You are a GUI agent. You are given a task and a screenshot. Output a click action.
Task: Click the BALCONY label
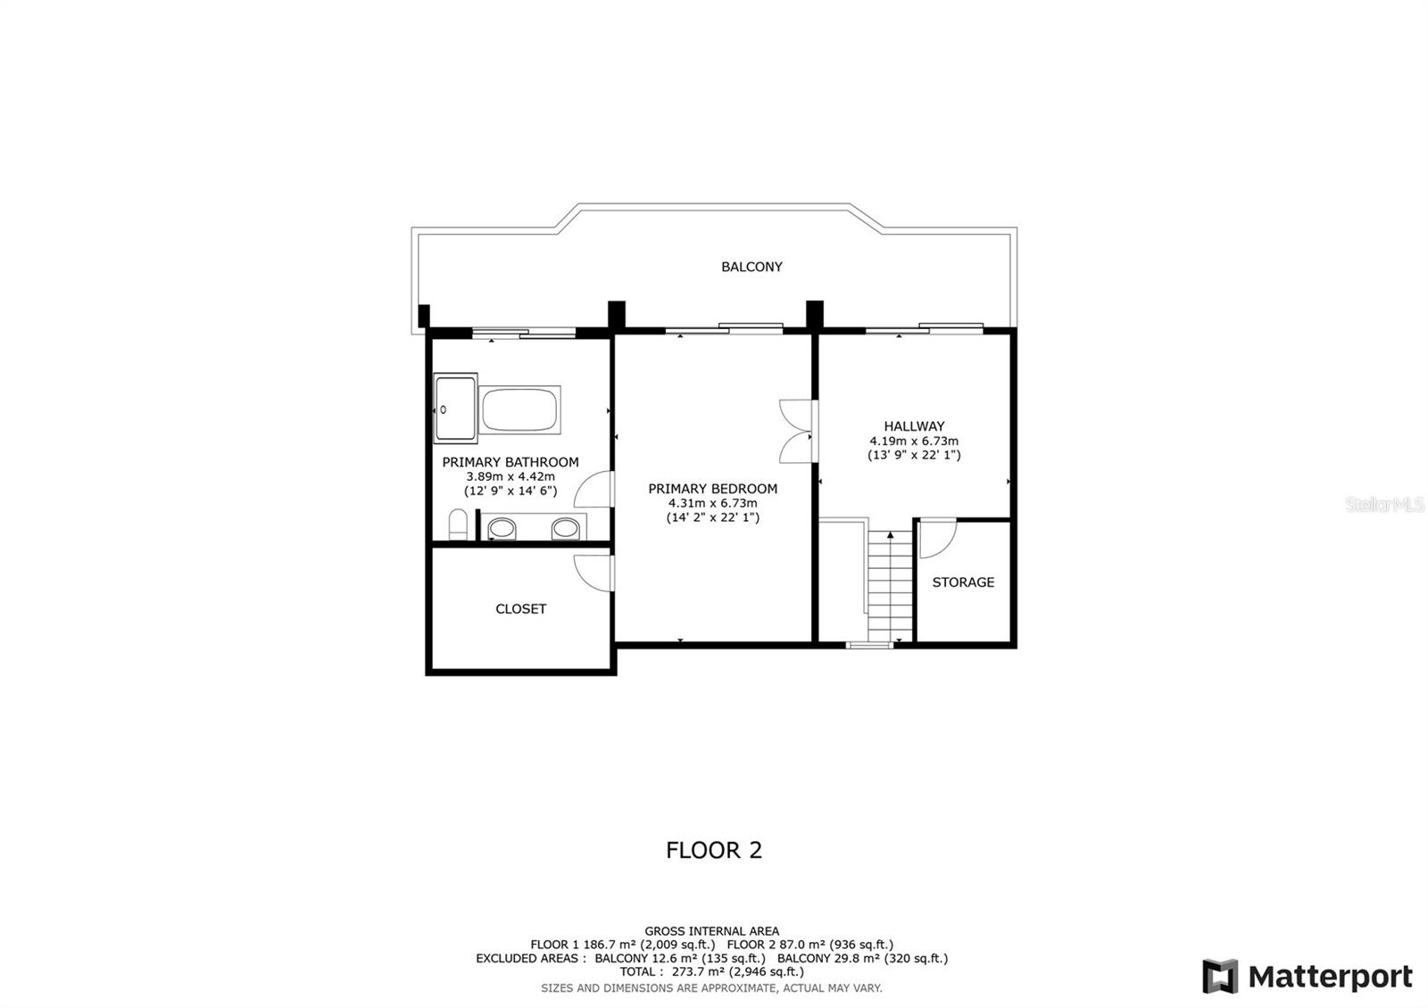pos(751,267)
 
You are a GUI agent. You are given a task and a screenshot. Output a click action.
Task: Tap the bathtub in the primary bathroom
pos(520,410)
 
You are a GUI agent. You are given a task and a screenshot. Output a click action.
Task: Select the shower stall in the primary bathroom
pos(456,408)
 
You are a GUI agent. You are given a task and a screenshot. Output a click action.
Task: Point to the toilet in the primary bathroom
pos(458,525)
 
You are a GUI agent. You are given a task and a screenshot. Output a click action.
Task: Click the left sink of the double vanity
pos(502,529)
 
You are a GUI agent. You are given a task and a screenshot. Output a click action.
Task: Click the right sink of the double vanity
pos(565,529)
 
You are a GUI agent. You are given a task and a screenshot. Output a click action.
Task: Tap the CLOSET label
pos(520,609)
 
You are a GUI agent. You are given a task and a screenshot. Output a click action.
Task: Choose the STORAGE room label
pos(963,582)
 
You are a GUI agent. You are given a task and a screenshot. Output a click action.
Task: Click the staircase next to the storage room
pos(890,584)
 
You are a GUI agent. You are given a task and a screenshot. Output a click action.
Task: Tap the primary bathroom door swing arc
pos(594,491)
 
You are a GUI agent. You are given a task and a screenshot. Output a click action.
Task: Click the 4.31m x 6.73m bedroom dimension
pos(712,503)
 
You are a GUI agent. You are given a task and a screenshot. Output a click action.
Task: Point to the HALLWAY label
pos(914,426)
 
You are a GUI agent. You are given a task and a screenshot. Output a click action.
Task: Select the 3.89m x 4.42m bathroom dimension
pos(511,476)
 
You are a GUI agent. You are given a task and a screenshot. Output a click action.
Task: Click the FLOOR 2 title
pos(714,850)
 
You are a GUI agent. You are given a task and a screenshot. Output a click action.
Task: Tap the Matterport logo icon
pos(1220,976)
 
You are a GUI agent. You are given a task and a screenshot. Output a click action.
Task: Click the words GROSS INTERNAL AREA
pos(711,931)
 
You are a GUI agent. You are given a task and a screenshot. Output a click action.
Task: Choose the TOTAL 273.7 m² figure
pos(711,971)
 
